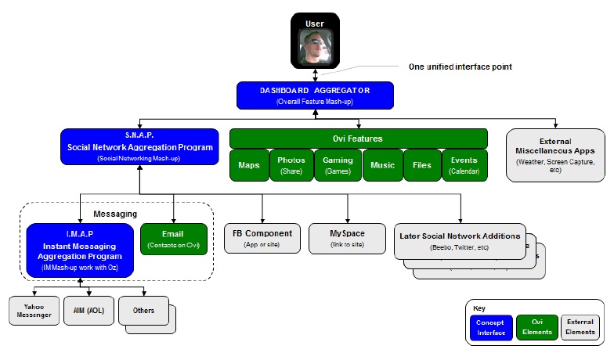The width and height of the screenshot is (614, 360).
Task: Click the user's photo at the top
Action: (316, 46)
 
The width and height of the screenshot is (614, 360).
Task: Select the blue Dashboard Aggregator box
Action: (316, 95)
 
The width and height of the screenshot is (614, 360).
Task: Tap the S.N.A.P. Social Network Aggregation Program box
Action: (139, 146)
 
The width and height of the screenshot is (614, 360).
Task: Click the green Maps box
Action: (249, 164)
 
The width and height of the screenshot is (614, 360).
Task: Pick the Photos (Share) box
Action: (291, 164)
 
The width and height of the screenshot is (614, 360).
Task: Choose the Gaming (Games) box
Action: (338, 164)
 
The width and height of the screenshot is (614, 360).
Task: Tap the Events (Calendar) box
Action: (464, 164)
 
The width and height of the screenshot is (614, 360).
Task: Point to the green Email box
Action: (174, 239)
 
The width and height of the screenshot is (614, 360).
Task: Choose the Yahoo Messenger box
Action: (34, 311)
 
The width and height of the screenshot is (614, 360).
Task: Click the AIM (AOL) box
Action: (88, 311)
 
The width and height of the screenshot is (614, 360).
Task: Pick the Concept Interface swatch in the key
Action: (492, 328)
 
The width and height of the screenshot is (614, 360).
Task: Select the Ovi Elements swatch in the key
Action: (536, 328)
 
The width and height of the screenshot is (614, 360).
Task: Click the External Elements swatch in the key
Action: (580, 328)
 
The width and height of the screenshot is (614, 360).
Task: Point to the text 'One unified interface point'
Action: (460, 67)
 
